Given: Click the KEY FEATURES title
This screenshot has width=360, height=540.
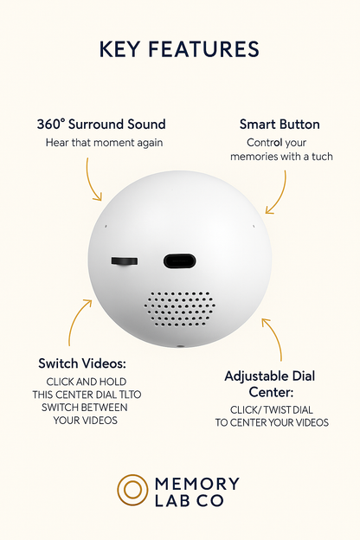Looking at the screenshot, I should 179,49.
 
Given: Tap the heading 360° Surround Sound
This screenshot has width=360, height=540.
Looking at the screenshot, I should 101,124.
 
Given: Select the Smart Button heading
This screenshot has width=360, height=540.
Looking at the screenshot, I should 279,124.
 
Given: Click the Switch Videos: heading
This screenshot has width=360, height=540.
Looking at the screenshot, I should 82,363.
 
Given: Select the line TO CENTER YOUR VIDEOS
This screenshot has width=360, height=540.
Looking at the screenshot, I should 272,422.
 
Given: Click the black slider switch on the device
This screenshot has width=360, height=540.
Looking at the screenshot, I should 125,260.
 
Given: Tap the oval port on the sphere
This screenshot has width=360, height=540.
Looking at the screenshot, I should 180,260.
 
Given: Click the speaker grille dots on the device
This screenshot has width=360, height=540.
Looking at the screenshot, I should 180,308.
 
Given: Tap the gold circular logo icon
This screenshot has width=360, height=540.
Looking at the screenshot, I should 132,489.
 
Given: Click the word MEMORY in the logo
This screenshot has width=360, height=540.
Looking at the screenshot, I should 197,483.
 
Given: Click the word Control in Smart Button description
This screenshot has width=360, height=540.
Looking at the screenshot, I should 264,142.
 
